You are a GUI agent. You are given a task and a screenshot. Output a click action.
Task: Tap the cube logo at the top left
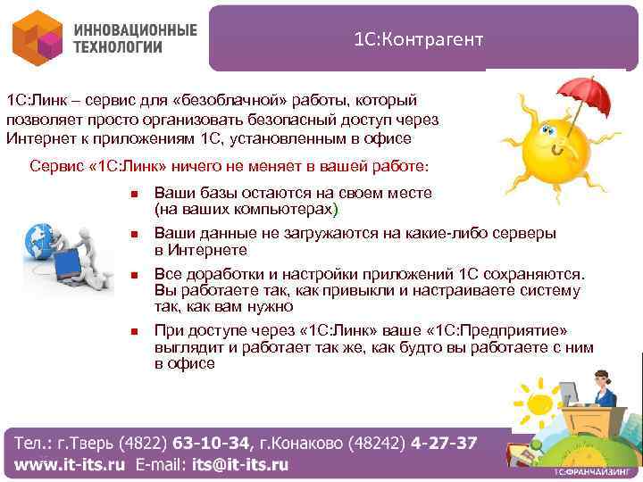tap(37, 38)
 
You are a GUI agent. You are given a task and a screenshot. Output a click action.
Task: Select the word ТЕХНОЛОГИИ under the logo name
tap(119, 47)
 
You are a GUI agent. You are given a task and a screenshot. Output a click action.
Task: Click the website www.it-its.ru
tap(71, 464)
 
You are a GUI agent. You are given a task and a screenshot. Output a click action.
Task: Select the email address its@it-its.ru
tap(239, 464)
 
